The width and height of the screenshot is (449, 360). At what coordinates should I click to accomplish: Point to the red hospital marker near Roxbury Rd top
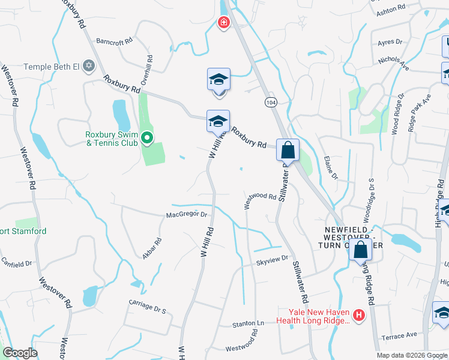223,23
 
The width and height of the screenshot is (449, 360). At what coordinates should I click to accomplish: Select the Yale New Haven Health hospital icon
359,314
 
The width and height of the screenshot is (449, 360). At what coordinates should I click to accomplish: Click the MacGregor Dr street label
186,214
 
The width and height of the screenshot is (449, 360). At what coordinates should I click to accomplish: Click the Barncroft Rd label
114,41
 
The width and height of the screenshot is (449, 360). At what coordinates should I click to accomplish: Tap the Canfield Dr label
16,263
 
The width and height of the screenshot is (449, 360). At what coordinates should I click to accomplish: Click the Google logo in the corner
20,353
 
